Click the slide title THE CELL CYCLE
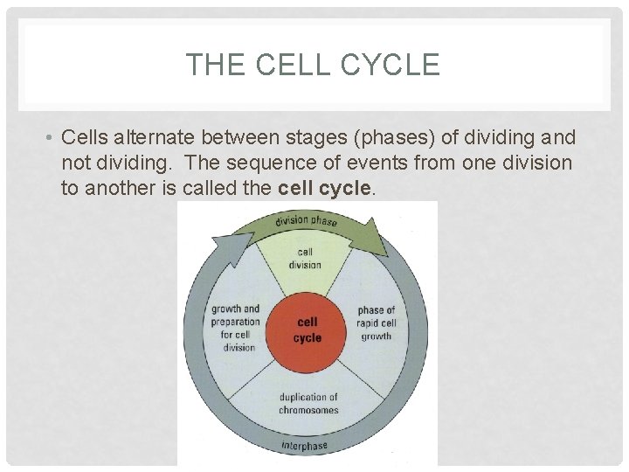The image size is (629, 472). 313,65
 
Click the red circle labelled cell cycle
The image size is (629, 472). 307,330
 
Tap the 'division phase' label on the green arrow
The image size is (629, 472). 306,220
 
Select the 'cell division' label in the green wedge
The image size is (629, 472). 305,259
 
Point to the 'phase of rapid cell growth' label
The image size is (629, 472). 377,323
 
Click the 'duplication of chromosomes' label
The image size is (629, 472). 308,404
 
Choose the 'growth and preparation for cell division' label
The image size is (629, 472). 235,328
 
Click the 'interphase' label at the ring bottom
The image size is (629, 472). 304,447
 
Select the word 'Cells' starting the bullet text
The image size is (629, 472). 85,138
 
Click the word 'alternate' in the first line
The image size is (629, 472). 156,138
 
